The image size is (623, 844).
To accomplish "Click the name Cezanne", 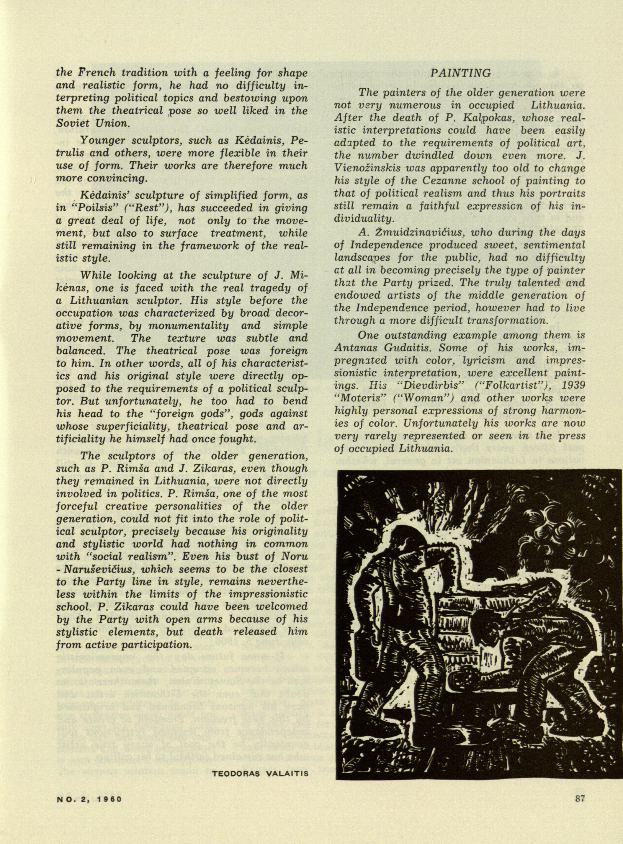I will point(423,181).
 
